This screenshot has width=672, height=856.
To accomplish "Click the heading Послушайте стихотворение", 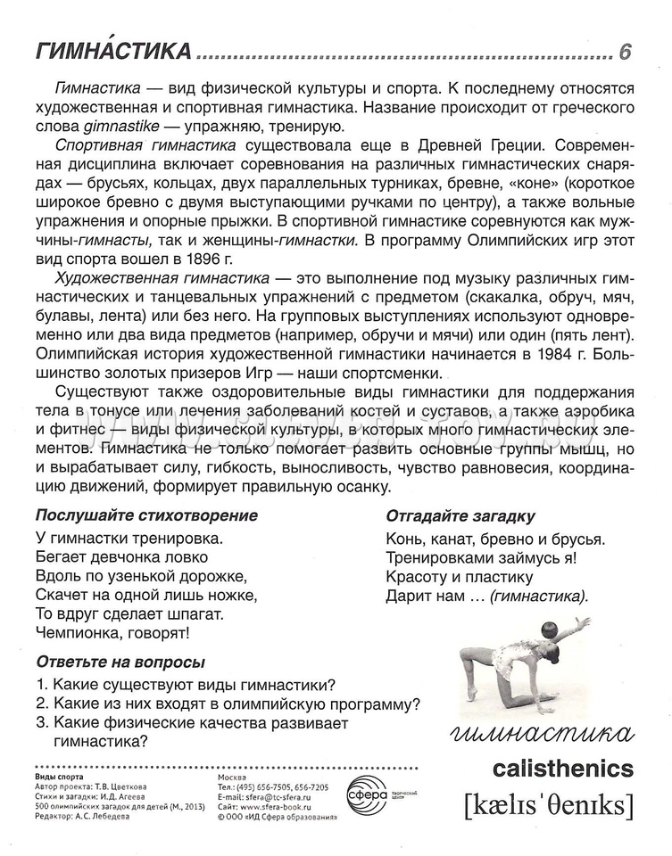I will coord(146,515).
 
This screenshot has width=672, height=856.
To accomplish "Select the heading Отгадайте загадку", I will coord(460,516).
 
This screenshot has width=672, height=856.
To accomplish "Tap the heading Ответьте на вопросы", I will coord(120,662).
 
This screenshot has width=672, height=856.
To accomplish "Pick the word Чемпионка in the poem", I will coord(79,633).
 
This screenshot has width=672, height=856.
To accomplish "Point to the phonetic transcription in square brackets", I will coord(548,805).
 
